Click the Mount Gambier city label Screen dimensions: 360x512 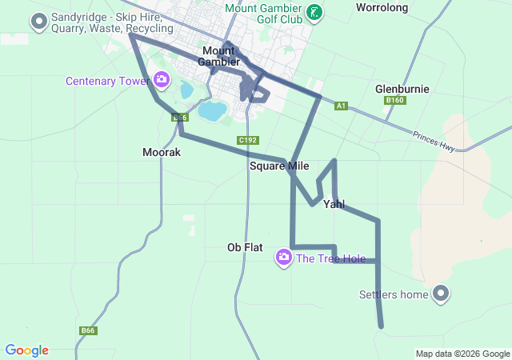(218, 56)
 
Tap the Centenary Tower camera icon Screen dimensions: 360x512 (162, 79)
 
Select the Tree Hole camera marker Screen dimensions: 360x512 (283, 258)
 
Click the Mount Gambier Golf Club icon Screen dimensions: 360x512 (316, 11)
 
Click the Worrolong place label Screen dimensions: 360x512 (382, 8)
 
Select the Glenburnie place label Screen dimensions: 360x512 (402, 89)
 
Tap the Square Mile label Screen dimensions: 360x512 (279, 166)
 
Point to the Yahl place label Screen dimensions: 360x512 (334, 204)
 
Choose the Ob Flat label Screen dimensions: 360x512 (245, 248)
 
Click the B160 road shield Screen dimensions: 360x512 (394, 101)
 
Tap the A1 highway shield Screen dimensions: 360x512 (342, 106)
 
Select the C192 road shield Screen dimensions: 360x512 (248, 140)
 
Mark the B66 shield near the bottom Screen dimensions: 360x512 (88, 330)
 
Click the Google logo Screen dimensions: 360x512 (26, 350)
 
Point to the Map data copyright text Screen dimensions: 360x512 (462, 354)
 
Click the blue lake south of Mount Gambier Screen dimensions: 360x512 (211, 110)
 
